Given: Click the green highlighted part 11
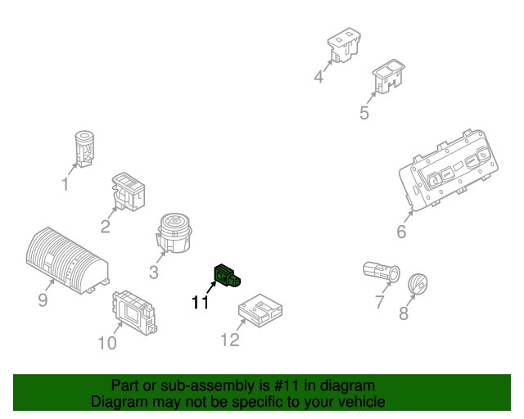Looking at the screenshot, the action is [x=227, y=276].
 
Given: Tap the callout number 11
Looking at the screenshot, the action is [x=200, y=303].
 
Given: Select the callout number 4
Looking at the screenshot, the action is [x=318, y=76].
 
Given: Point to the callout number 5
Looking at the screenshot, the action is [x=364, y=113].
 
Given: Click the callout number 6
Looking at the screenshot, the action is [x=401, y=232].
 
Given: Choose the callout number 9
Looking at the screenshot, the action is [x=43, y=300].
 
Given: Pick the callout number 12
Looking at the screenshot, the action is [x=230, y=340].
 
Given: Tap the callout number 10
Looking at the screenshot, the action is [x=107, y=343].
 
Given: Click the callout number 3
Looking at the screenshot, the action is [x=154, y=273].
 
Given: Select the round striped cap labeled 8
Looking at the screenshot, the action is [x=418, y=284].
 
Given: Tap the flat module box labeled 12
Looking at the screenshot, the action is [x=260, y=311].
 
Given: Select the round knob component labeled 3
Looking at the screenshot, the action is [x=174, y=233].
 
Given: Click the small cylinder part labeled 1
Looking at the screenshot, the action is [x=84, y=149].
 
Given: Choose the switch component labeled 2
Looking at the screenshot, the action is [x=129, y=191].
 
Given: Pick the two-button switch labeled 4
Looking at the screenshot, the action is [x=344, y=45].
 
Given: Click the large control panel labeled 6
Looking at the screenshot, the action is [x=449, y=170].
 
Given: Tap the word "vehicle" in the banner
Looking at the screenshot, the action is [x=361, y=402].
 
